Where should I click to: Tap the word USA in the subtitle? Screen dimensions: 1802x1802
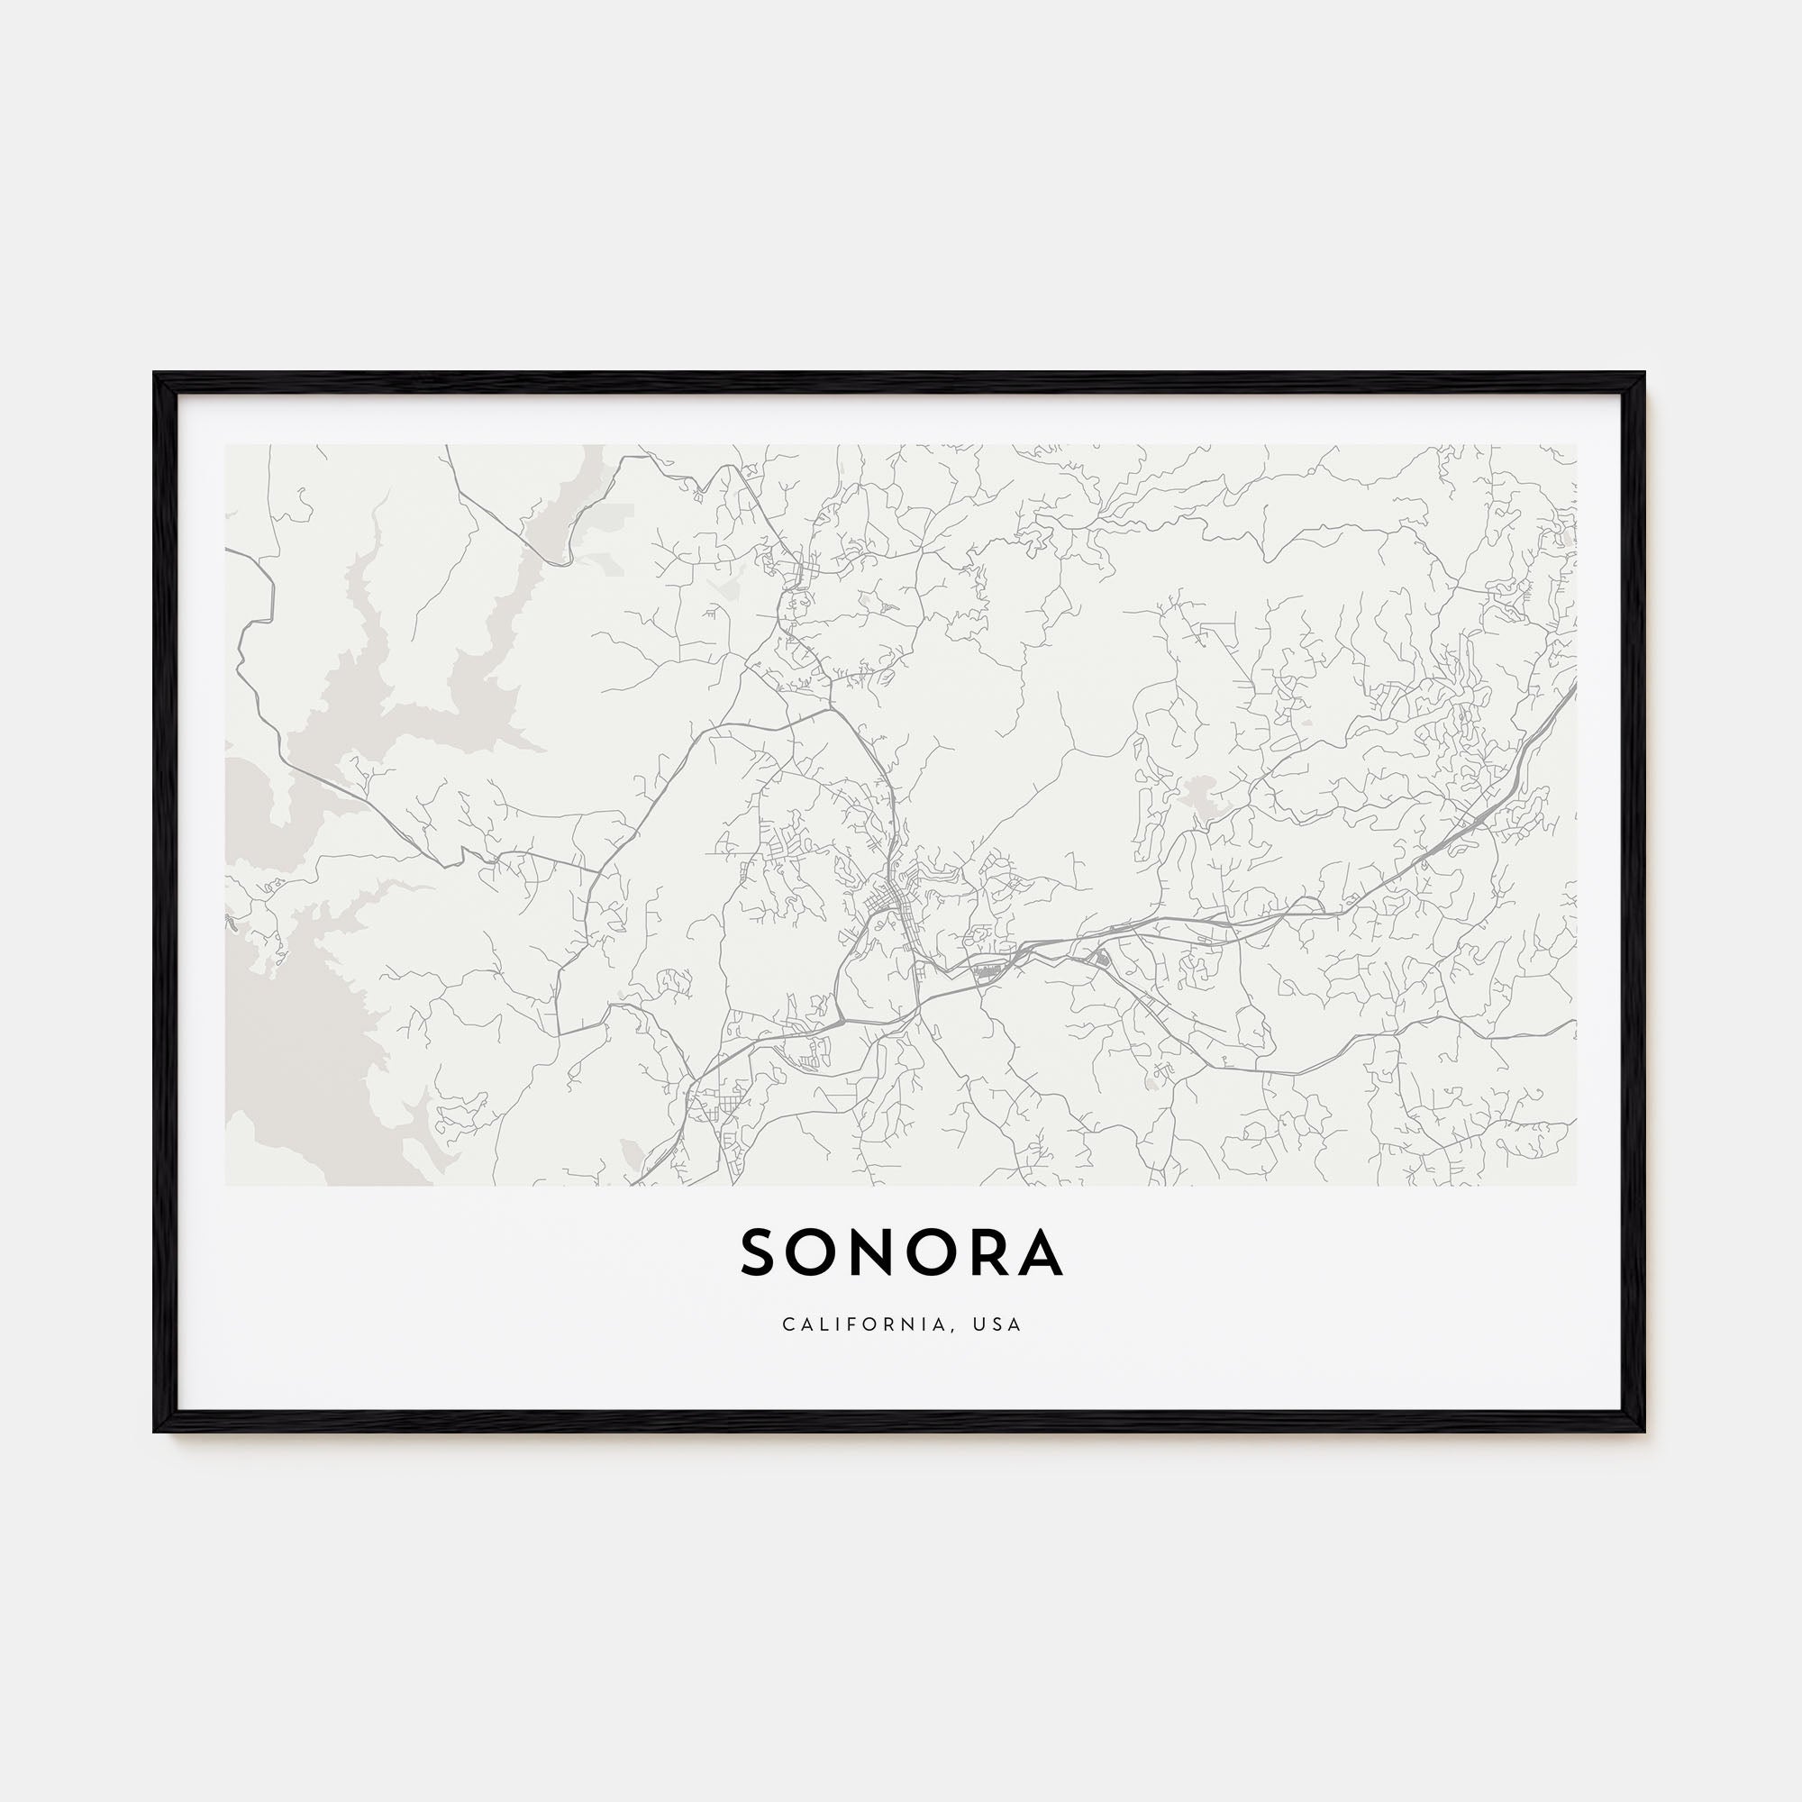(x=1001, y=1324)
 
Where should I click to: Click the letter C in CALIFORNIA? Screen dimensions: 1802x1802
(x=789, y=1324)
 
